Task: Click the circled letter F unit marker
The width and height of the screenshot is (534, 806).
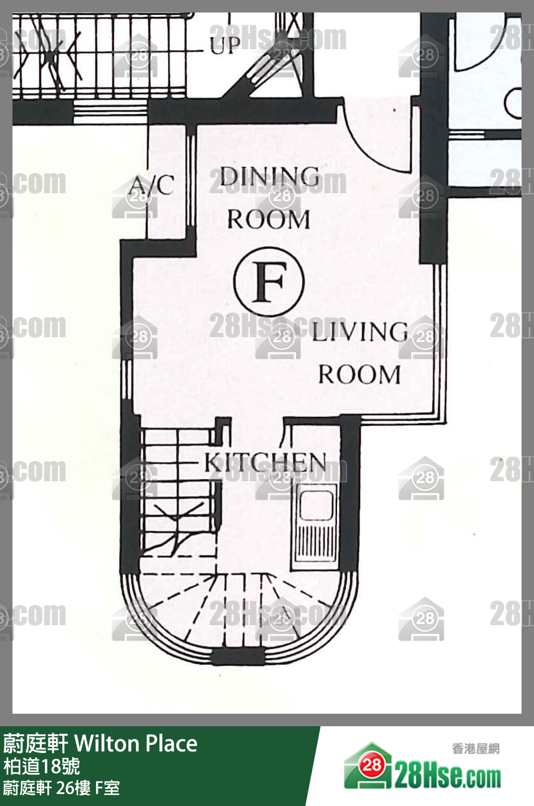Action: (269, 282)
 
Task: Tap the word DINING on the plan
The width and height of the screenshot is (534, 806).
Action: (270, 176)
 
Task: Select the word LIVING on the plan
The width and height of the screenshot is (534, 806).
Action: (360, 332)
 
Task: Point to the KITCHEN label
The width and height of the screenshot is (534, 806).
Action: (265, 463)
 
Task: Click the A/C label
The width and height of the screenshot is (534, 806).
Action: (152, 185)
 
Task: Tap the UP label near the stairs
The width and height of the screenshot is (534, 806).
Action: (226, 45)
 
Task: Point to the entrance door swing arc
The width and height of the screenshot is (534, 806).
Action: (374, 144)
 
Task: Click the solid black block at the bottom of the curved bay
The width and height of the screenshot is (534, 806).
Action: (237, 656)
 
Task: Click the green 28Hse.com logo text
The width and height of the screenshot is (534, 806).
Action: (447, 777)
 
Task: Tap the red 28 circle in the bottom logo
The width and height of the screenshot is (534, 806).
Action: (372, 765)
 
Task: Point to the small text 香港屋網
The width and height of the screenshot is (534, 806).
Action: (476, 749)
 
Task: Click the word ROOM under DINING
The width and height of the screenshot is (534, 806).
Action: (269, 219)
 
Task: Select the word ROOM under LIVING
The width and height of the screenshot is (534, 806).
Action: (360, 375)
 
